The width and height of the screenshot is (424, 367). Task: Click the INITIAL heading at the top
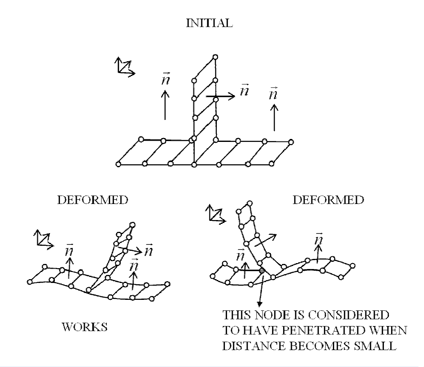point(209,24)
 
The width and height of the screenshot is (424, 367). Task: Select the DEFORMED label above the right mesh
point(328,200)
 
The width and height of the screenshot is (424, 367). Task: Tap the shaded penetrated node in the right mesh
point(262,270)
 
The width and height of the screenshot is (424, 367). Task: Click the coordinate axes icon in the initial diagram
point(124,68)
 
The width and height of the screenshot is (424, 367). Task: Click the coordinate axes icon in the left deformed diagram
point(43,239)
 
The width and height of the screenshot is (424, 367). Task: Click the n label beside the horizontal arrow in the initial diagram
point(244,90)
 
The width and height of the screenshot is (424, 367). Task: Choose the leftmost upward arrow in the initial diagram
point(165,106)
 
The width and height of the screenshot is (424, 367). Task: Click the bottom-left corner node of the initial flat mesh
point(119,164)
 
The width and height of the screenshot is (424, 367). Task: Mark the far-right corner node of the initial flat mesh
point(291,142)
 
